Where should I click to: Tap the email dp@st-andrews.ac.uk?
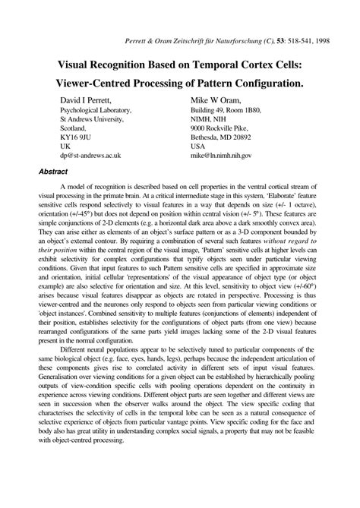(x=90, y=155)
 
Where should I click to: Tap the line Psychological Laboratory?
(x=96, y=110)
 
